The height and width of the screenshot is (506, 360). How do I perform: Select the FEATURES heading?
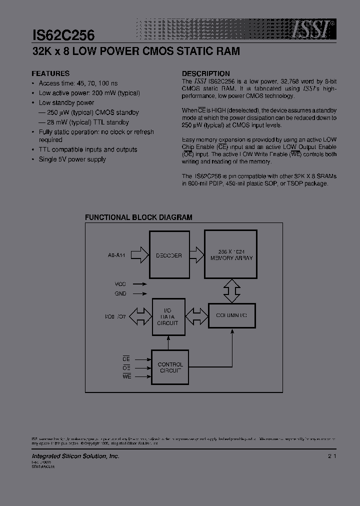pos(51,73)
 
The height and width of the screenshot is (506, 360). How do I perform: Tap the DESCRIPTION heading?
pos(205,73)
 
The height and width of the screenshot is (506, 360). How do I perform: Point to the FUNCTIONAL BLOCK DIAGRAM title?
pos(138,217)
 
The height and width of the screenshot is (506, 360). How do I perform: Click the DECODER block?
pos(168,255)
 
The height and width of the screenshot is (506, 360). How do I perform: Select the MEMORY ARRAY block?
pos(231,255)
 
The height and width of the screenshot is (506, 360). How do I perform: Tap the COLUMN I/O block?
pos(231,316)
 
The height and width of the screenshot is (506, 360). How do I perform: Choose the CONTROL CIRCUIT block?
pos(170,367)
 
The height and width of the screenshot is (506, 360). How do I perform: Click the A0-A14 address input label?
pos(116,255)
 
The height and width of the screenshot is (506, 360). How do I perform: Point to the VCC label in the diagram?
pos(120,283)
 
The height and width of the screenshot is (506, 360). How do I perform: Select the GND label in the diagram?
pos(120,294)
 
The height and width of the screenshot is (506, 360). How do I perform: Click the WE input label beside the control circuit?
pos(126,376)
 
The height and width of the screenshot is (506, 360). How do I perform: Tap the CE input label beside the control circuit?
pos(126,359)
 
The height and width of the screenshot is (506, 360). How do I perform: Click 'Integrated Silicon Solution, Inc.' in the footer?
pos(75,456)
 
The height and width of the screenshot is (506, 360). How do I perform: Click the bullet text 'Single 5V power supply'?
pos(72,159)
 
